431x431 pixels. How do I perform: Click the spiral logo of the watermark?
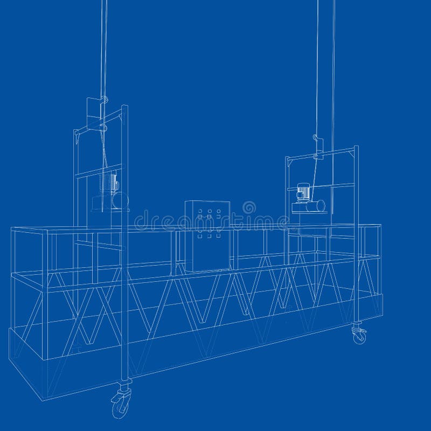(x=249, y=207)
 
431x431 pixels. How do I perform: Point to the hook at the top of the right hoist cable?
(x=317, y=141)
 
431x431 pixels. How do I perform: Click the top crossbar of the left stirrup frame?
(x=100, y=122)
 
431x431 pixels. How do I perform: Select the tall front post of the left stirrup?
(x=125, y=242)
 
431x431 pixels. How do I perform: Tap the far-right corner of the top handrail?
(x=380, y=227)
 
